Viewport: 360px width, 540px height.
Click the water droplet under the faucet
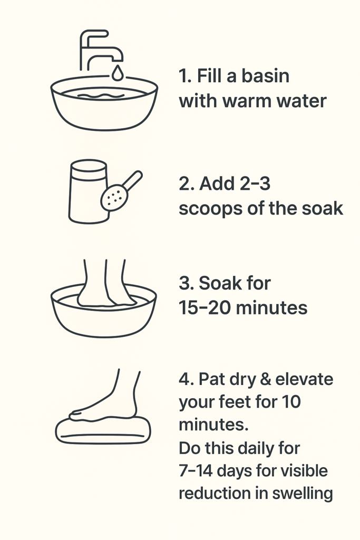118,73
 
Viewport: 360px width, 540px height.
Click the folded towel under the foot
103,430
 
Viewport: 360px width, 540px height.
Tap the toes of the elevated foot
77,415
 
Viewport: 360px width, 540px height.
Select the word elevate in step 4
304,379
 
